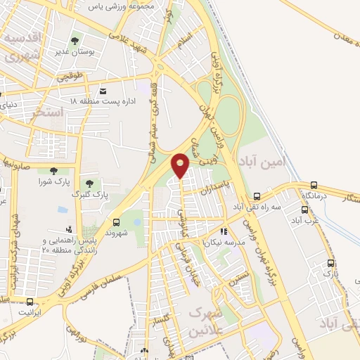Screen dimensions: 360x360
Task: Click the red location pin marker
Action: tap(181, 166)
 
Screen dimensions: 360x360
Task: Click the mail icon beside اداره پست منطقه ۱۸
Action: tap(103, 91)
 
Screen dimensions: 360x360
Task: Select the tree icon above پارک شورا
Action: tap(54, 170)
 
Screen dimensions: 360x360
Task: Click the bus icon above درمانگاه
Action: tap(314, 186)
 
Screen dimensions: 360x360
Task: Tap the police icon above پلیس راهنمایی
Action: tap(68, 229)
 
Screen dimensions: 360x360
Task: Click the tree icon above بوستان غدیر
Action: tap(75, 41)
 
